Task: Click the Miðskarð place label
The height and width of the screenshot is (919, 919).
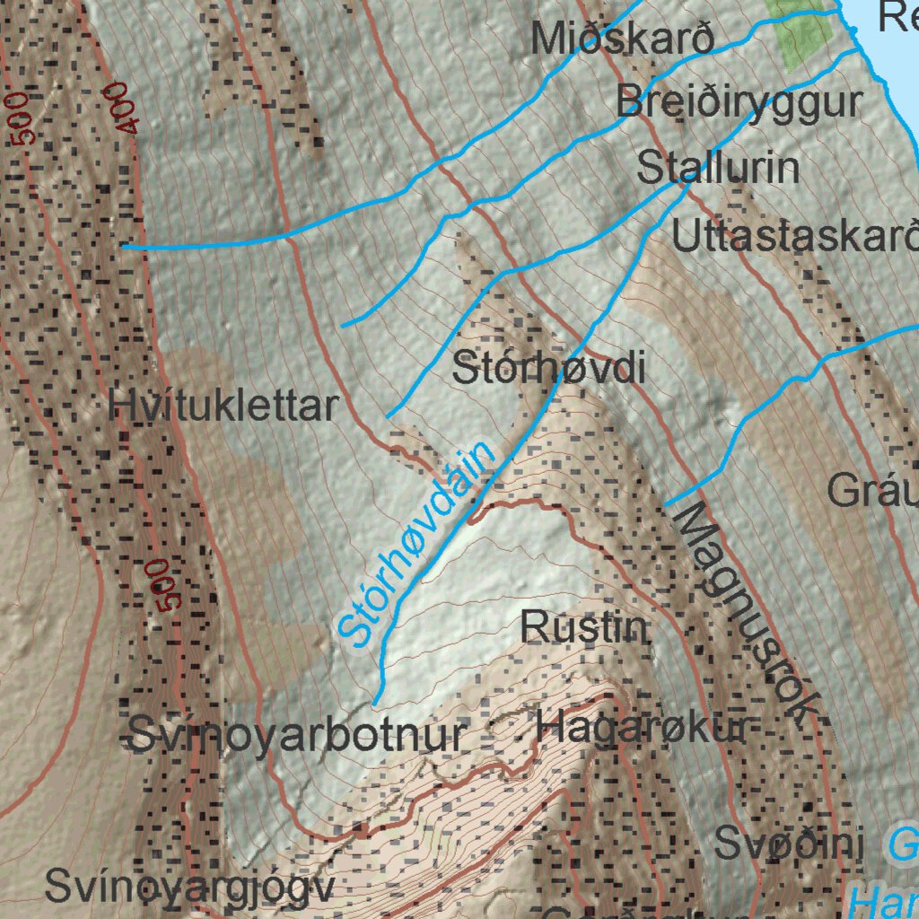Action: (x=622, y=39)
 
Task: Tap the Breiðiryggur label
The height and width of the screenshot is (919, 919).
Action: (x=739, y=102)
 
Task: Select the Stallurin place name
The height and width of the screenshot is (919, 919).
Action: (x=718, y=168)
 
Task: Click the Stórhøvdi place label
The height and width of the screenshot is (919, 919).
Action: (x=548, y=368)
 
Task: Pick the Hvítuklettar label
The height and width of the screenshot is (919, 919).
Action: (x=223, y=407)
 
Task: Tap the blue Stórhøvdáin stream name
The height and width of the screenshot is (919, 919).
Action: (x=417, y=542)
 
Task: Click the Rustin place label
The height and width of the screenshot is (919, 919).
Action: (x=585, y=626)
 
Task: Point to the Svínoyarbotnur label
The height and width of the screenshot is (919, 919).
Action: (x=297, y=736)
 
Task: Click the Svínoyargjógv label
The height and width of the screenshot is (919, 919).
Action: (x=189, y=888)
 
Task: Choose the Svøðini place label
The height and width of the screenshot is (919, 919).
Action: (x=789, y=844)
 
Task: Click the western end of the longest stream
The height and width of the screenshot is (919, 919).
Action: (x=125, y=245)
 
